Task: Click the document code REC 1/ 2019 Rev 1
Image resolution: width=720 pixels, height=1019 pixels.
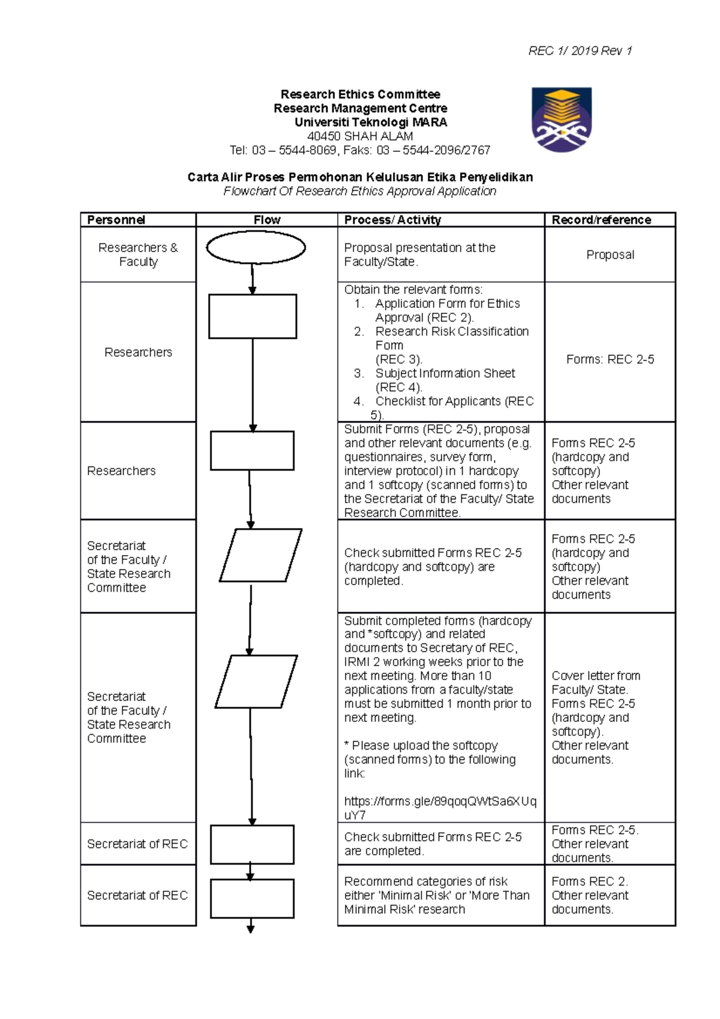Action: (580, 51)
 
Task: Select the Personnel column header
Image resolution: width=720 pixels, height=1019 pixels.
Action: (116, 220)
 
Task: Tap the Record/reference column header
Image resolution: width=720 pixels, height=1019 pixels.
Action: (601, 220)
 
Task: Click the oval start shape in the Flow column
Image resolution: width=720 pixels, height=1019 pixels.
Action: (256, 247)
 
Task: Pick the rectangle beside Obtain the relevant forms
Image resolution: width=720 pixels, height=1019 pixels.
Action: (253, 316)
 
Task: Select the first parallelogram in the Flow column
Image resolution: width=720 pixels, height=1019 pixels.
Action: (260, 555)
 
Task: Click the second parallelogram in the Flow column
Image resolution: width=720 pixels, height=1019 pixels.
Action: (256, 681)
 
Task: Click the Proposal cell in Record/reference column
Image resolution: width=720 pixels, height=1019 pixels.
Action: (610, 254)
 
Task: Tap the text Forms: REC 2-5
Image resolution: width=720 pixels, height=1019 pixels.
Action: (610, 359)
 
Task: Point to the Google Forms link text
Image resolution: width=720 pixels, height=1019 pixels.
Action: (440, 808)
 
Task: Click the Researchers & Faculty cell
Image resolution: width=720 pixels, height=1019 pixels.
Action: (138, 254)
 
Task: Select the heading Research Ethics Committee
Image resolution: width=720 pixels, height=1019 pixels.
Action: (360, 94)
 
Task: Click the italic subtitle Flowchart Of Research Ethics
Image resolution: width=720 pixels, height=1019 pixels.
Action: (359, 191)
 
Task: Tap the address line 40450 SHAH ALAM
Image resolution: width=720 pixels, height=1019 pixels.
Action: (359, 136)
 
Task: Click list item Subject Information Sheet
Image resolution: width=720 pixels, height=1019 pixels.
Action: (444, 373)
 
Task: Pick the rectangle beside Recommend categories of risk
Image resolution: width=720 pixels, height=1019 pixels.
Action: (252, 898)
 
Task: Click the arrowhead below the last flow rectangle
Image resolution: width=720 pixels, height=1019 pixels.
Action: (251, 930)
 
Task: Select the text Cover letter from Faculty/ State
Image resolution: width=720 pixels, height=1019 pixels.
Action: (595, 682)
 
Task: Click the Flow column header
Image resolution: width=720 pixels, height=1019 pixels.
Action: (266, 220)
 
